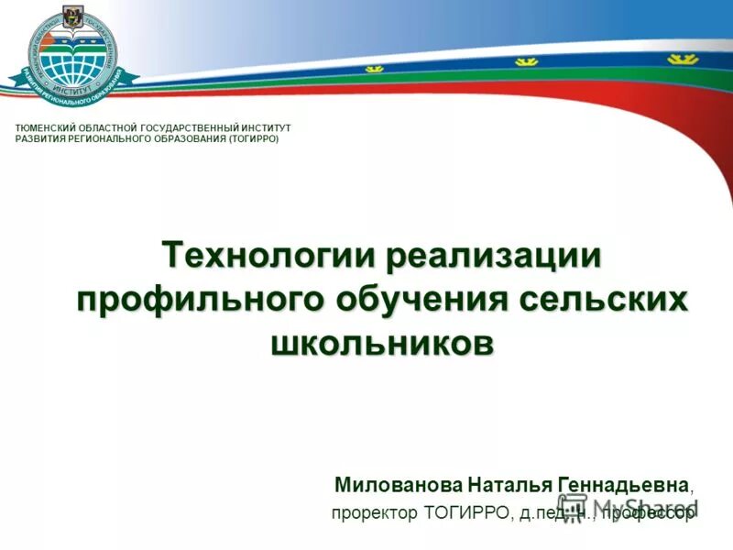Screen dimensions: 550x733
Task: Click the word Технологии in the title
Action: click(269, 254)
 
